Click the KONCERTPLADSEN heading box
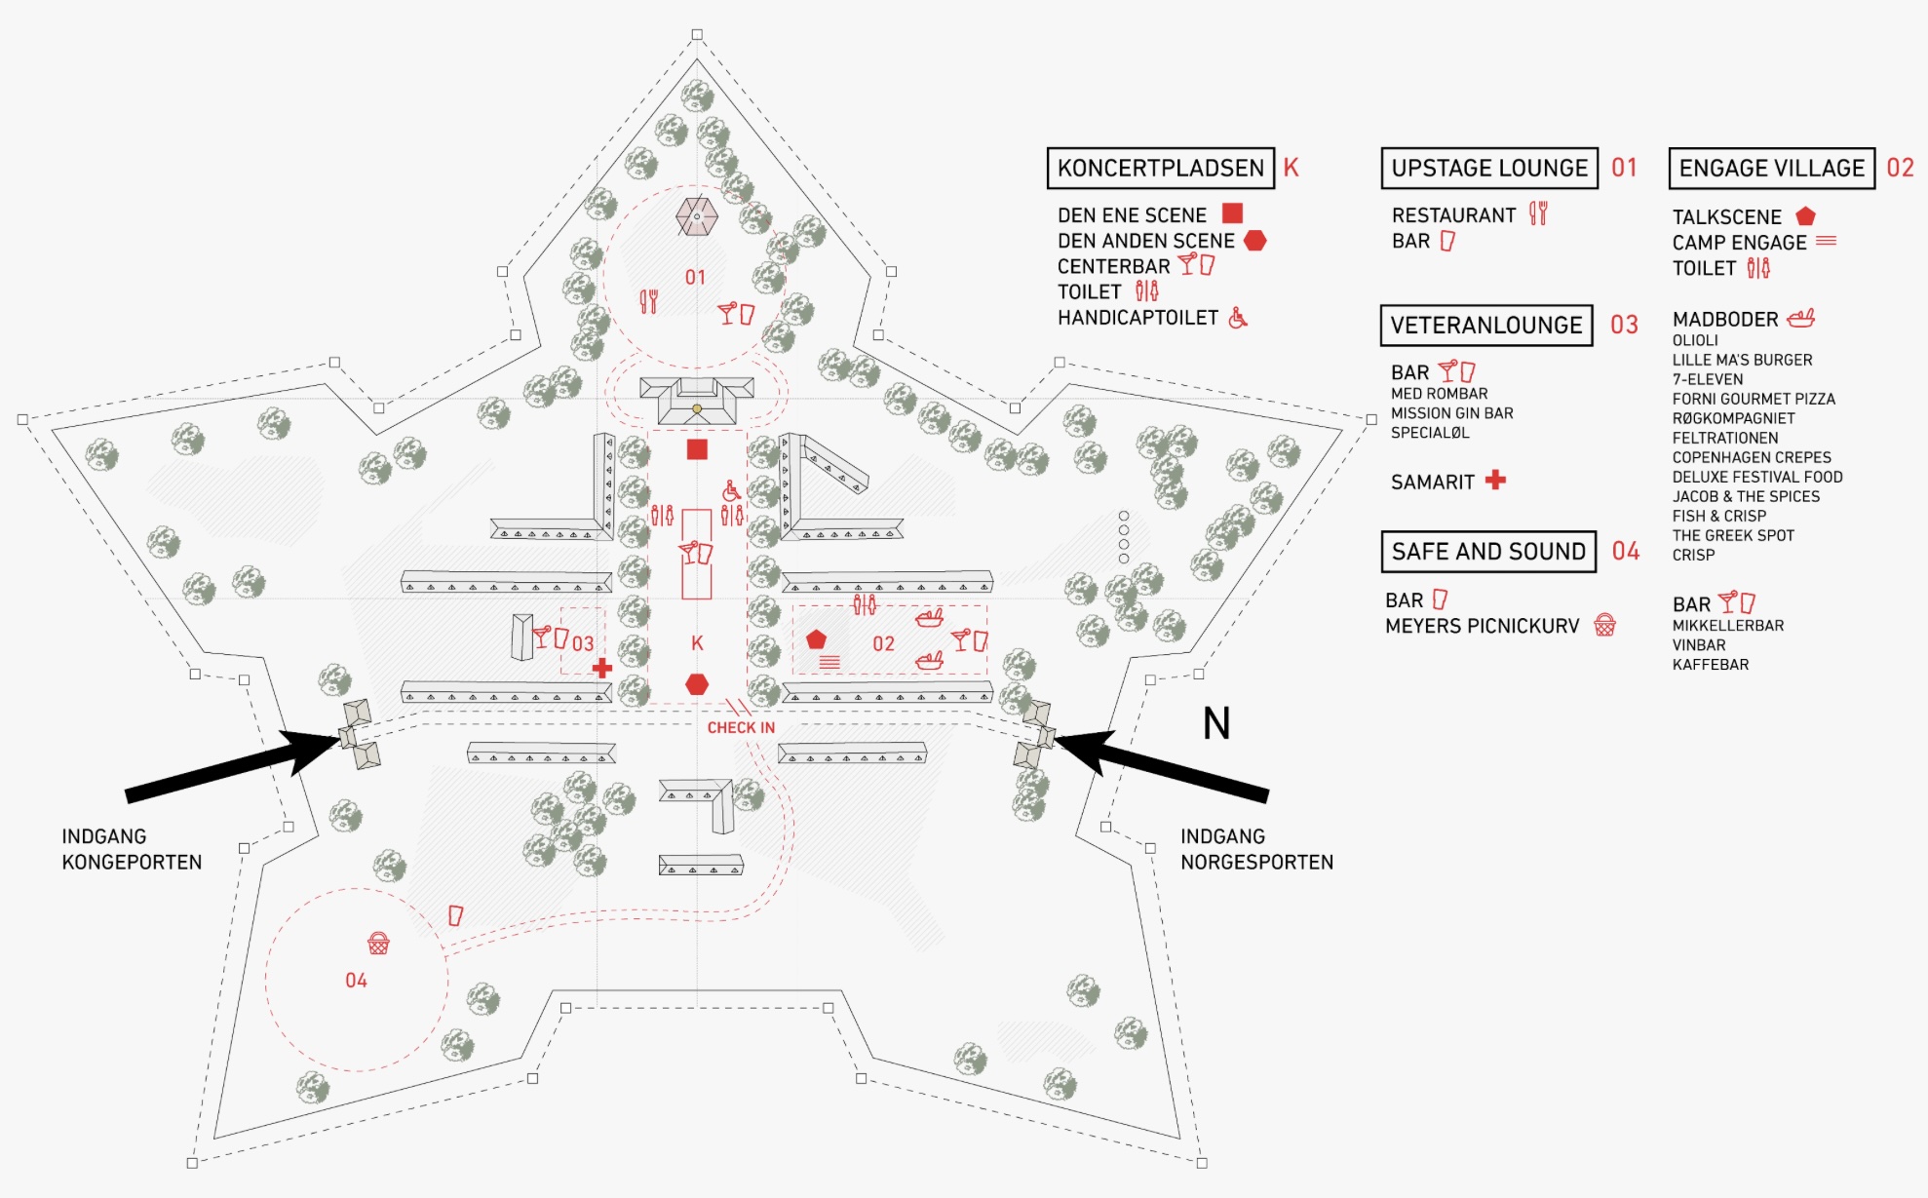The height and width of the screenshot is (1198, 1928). click(x=1160, y=168)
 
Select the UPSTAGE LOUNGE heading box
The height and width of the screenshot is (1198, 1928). click(x=1489, y=168)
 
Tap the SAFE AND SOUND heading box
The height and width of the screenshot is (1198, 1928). click(x=1488, y=552)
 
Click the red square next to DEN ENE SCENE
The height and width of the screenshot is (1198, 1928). click(x=1232, y=213)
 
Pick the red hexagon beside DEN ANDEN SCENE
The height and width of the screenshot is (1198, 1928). click(x=1254, y=240)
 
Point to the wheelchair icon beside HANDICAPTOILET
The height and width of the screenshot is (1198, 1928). click(x=1238, y=318)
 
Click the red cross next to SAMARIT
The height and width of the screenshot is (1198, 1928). click(x=1495, y=480)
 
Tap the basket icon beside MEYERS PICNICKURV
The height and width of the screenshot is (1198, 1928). click(x=1604, y=625)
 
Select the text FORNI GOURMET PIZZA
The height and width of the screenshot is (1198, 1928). click(x=1754, y=399)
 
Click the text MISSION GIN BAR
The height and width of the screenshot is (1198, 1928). click(x=1451, y=413)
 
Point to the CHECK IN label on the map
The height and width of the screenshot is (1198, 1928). click(x=741, y=728)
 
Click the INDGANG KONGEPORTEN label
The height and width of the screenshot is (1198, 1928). click(x=132, y=849)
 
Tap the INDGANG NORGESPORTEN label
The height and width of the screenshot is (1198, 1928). click(x=1256, y=849)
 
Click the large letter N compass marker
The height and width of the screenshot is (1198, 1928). click(x=1216, y=723)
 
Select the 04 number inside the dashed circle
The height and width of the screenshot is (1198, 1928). click(x=356, y=981)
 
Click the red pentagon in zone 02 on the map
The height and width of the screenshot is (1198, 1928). click(x=816, y=639)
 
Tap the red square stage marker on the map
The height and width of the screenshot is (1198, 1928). click(x=697, y=449)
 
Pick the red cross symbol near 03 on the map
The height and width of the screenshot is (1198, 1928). click(x=602, y=668)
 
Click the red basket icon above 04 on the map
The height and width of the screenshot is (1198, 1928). click(x=378, y=943)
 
